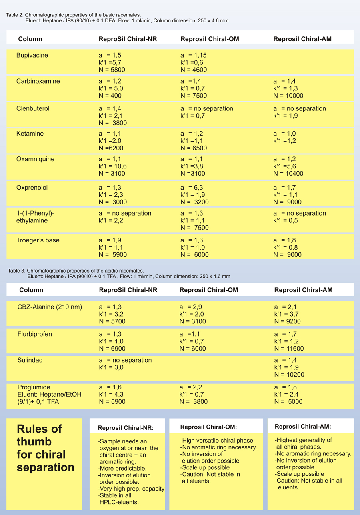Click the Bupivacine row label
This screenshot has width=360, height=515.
pos(32,55)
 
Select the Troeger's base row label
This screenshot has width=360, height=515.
pos(38,240)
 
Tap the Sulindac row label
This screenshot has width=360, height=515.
pos(30,360)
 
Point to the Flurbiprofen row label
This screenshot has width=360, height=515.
pos(35,334)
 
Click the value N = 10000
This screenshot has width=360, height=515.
pos(288,96)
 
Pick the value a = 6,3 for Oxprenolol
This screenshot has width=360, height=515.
pos(192,188)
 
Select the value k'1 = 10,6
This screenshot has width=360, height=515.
pos(113,166)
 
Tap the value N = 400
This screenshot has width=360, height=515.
pos(110,96)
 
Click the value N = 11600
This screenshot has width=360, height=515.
pos(289,349)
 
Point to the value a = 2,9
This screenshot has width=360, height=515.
pos(191,307)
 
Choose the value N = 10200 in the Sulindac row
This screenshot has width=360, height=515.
pos(289,375)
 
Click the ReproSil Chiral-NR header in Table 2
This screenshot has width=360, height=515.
pos(128,39)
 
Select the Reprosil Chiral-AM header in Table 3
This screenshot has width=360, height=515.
pos(304,290)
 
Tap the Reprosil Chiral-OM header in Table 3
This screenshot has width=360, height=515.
pos(209,290)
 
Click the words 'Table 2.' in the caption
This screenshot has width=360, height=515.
pos(15,15)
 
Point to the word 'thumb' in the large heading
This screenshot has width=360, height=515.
pos(34,442)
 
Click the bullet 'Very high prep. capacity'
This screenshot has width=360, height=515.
pos(131,489)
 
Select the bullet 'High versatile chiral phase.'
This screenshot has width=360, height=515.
pos(218,441)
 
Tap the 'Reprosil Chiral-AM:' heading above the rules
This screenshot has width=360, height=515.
pos(303,427)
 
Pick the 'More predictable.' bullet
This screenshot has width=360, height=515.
pos(122,469)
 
